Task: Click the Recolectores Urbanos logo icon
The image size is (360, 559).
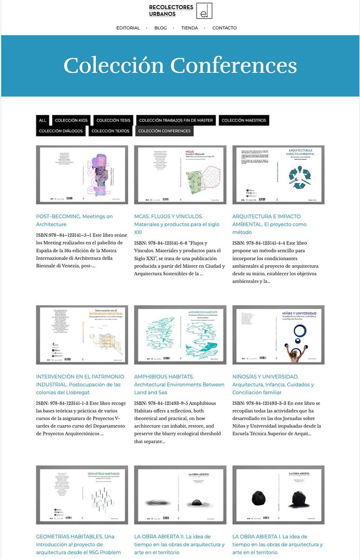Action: (203, 11)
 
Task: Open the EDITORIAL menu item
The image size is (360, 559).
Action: (128, 28)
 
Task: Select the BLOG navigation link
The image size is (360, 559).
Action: (160, 28)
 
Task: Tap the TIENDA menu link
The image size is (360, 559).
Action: (189, 28)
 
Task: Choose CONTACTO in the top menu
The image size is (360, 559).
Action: (224, 28)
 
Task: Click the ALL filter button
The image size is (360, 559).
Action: (42, 120)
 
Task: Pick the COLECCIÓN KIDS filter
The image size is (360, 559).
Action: (71, 120)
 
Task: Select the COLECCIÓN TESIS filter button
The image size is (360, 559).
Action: (114, 120)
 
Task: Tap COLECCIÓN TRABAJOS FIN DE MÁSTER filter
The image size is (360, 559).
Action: (176, 120)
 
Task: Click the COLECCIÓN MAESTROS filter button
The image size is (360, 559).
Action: (244, 120)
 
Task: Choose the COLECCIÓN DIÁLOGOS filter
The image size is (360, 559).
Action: (61, 131)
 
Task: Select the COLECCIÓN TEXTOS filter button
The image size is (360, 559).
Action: (110, 131)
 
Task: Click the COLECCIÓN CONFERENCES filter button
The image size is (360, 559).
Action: (164, 131)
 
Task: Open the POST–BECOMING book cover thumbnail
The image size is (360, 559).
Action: (82, 175)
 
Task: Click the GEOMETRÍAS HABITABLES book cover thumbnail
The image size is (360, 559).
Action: (82, 495)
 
